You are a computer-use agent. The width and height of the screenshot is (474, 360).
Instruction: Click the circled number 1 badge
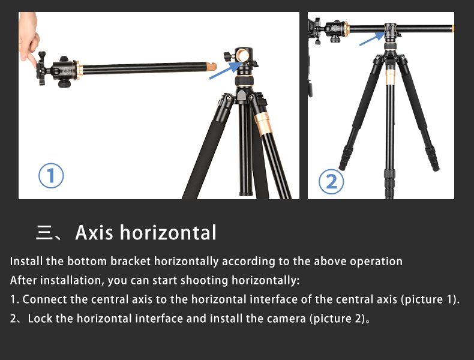pos(51,176)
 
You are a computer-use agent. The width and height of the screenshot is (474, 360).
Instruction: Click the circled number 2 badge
pos(331,181)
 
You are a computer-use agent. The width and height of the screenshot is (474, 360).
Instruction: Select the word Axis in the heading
pos(94,232)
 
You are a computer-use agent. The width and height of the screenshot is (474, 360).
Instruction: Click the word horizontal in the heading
pos(168,232)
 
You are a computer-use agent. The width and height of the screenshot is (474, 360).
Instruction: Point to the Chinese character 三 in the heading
pos(44,232)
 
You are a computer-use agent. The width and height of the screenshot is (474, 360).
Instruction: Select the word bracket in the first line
pos(130,261)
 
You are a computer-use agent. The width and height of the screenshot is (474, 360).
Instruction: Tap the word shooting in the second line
pos(204,281)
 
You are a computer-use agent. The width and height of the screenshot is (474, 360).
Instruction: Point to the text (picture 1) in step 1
pos(428,299)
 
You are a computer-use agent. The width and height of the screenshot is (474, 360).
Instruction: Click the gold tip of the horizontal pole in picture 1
pos(211,66)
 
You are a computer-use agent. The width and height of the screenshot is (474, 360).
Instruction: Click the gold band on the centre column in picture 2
pos(390,77)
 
